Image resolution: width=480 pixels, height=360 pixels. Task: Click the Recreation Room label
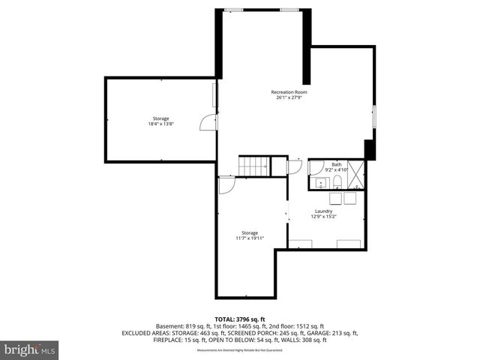tap(289, 92)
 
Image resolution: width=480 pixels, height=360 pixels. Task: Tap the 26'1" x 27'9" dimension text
tap(289, 97)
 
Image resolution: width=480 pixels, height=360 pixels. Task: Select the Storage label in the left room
tap(160, 118)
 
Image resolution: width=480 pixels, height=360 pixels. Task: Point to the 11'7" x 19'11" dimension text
tap(250, 238)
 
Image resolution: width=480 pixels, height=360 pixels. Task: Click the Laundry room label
tap(323, 211)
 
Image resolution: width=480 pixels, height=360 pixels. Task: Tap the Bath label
tap(337, 164)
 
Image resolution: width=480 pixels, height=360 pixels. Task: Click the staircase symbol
tap(253, 166)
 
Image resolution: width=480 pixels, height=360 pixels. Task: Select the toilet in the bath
tap(337, 183)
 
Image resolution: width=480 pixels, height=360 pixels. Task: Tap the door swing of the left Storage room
tap(205, 123)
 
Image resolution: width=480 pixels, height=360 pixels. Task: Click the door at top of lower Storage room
tap(226, 184)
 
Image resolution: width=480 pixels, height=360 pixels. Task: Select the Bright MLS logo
tap(30, 349)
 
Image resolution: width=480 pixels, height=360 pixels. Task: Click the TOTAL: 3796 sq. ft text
tap(239, 319)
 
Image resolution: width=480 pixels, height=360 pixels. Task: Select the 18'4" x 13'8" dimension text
tap(160, 124)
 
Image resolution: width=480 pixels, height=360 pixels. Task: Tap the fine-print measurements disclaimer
tap(239, 350)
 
